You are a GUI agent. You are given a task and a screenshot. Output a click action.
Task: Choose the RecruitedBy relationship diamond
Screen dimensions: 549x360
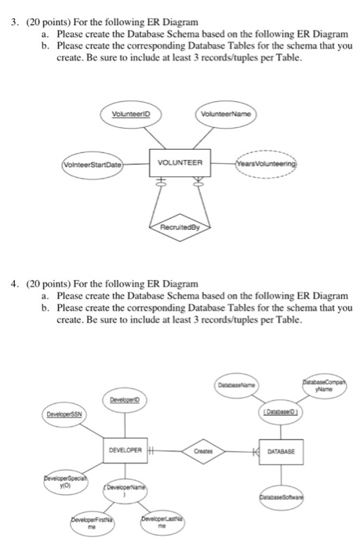[180, 231]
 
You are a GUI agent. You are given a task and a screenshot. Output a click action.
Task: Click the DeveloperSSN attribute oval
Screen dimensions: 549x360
[66, 413]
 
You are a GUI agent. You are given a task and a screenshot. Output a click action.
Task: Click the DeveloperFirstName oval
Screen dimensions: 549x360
[82, 524]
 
